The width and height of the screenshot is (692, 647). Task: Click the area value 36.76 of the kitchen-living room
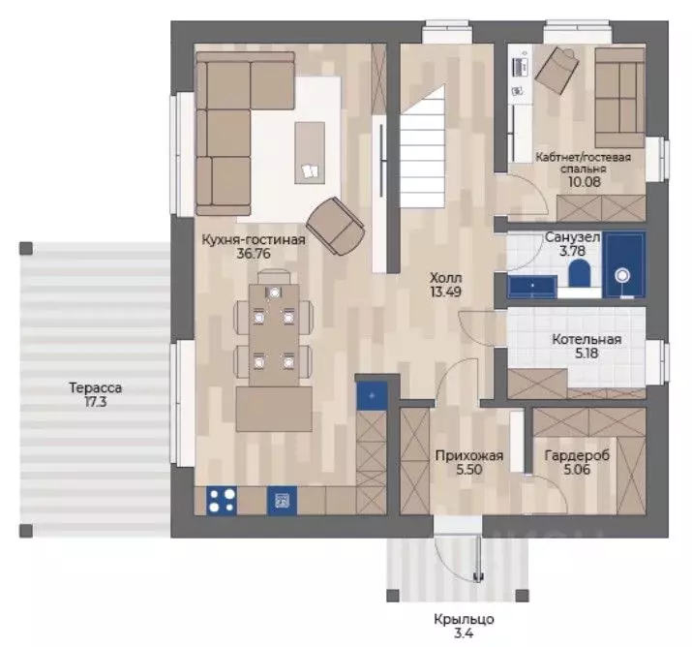coord(254,254)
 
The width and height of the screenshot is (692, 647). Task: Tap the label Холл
coord(446,278)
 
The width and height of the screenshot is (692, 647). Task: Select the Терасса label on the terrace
coord(95,387)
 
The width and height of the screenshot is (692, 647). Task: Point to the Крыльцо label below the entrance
coord(464,619)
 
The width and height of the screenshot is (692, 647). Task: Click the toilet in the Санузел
coord(580,273)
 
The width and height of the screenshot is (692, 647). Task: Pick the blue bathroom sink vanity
coord(532,287)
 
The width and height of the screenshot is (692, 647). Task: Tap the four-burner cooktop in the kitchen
coord(222,501)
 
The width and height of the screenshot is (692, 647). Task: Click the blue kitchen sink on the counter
coord(282,501)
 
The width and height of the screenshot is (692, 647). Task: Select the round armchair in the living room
coord(336,226)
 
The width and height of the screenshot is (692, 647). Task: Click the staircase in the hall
coord(422,147)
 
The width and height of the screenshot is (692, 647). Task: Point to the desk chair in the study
coord(557,70)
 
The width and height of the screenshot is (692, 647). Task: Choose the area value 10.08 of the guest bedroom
coord(584,181)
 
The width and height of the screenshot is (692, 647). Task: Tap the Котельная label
coord(587,339)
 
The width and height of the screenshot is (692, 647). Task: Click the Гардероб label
coord(577,455)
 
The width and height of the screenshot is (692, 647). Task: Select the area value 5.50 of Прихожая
coord(469,470)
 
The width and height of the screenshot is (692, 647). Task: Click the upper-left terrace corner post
coord(26,248)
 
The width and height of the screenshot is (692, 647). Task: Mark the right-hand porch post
coord(522,596)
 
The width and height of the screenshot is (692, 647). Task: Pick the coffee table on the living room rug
coord(310,153)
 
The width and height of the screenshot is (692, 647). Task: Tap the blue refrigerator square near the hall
coord(372,396)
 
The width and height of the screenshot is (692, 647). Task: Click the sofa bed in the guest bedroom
coord(619,98)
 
